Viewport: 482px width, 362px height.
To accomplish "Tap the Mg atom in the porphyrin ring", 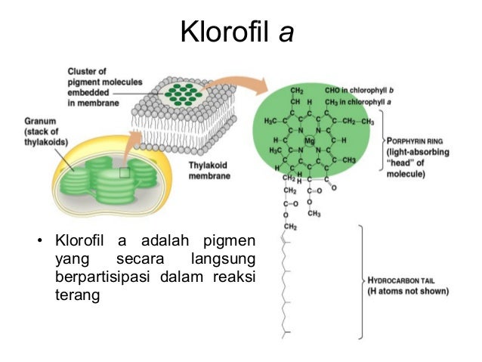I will tap(309, 140).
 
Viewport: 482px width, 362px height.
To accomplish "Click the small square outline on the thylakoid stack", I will tap(125, 173).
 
